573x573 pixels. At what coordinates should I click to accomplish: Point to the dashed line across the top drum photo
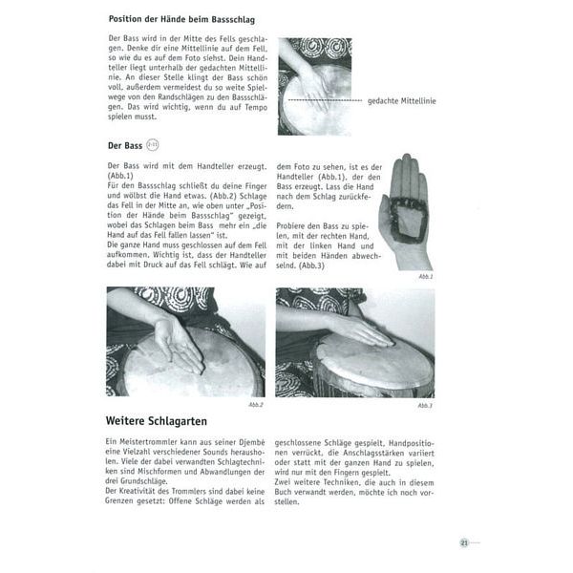[320, 99]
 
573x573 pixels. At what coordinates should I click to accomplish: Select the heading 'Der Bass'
[124, 145]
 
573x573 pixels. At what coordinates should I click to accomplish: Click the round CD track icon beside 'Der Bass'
[151, 145]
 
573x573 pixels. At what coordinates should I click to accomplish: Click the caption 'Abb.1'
[424, 275]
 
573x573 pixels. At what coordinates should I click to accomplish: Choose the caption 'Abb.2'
[255, 404]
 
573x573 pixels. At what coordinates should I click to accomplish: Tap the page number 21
[463, 542]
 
